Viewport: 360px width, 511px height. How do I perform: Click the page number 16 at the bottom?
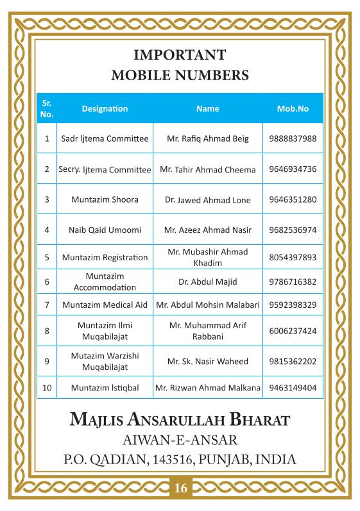(x=180, y=489)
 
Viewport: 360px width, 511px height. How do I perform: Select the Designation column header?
(x=105, y=108)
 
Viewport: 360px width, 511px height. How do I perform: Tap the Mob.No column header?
(x=293, y=108)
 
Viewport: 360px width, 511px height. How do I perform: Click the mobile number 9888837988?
(x=293, y=138)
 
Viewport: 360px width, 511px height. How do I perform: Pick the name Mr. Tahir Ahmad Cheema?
(x=207, y=169)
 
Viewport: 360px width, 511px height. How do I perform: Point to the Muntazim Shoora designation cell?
(x=105, y=199)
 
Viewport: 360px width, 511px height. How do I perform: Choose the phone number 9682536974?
(x=293, y=230)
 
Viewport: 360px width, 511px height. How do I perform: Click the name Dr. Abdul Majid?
(x=207, y=281)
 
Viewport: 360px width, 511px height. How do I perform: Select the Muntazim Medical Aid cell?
(x=105, y=304)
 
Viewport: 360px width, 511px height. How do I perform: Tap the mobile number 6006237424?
(x=293, y=331)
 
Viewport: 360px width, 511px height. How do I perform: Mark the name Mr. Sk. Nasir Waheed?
(x=207, y=361)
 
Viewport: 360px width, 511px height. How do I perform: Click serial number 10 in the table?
(x=46, y=387)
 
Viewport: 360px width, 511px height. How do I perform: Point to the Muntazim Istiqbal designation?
(x=105, y=387)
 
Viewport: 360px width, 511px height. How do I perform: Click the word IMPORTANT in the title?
(x=180, y=54)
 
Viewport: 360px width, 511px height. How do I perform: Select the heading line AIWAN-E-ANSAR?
(x=180, y=440)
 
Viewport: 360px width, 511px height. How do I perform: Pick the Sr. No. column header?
(x=46, y=108)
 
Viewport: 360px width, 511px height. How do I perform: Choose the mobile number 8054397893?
(x=293, y=257)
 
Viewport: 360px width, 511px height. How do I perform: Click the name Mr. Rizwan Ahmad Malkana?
(x=207, y=387)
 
